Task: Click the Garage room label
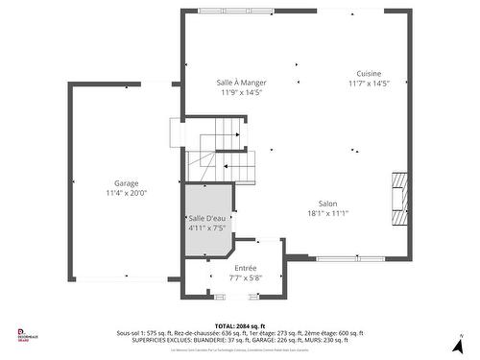tap(126, 182)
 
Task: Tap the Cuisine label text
tap(368, 74)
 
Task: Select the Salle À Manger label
tap(242, 83)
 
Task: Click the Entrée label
tap(246, 268)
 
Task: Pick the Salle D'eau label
tap(206, 219)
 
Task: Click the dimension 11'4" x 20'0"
tap(126, 193)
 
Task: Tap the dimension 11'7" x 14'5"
tap(368, 84)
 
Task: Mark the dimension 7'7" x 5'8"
tap(246, 278)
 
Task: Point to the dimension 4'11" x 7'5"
tap(206, 228)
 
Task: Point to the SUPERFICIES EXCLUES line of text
tap(240, 339)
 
